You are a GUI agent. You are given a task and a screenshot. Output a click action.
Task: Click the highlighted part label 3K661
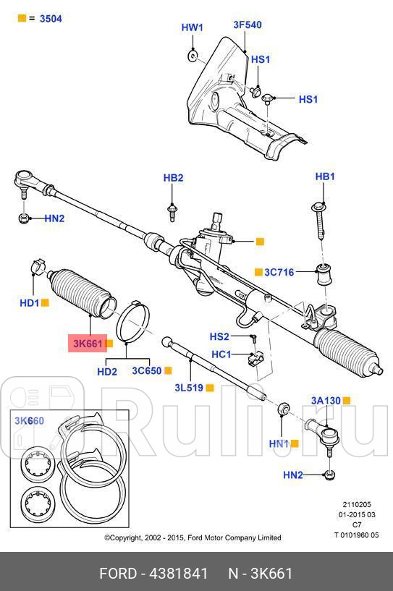click(87, 344)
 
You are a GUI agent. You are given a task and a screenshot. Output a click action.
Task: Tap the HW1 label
click(192, 28)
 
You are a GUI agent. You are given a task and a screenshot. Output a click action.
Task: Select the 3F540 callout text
click(247, 25)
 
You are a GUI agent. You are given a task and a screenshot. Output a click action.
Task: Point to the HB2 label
click(173, 177)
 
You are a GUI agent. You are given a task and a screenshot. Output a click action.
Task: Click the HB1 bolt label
click(325, 177)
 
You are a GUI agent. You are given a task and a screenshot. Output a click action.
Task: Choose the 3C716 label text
click(279, 272)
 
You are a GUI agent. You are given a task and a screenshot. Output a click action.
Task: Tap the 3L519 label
click(190, 388)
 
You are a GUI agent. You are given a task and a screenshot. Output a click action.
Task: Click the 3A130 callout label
click(325, 400)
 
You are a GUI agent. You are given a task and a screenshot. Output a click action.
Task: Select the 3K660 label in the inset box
click(29, 421)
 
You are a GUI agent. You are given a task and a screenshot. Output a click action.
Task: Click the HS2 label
click(219, 336)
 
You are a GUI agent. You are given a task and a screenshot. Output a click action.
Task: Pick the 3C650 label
click(146, 371)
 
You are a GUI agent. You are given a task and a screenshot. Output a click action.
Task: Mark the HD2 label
click(106, 372)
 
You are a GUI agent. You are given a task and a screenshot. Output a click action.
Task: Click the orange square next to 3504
click(22, 18)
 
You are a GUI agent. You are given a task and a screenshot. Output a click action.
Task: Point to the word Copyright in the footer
click(133, 537)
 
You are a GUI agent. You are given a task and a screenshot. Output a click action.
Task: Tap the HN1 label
click(279, 443)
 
